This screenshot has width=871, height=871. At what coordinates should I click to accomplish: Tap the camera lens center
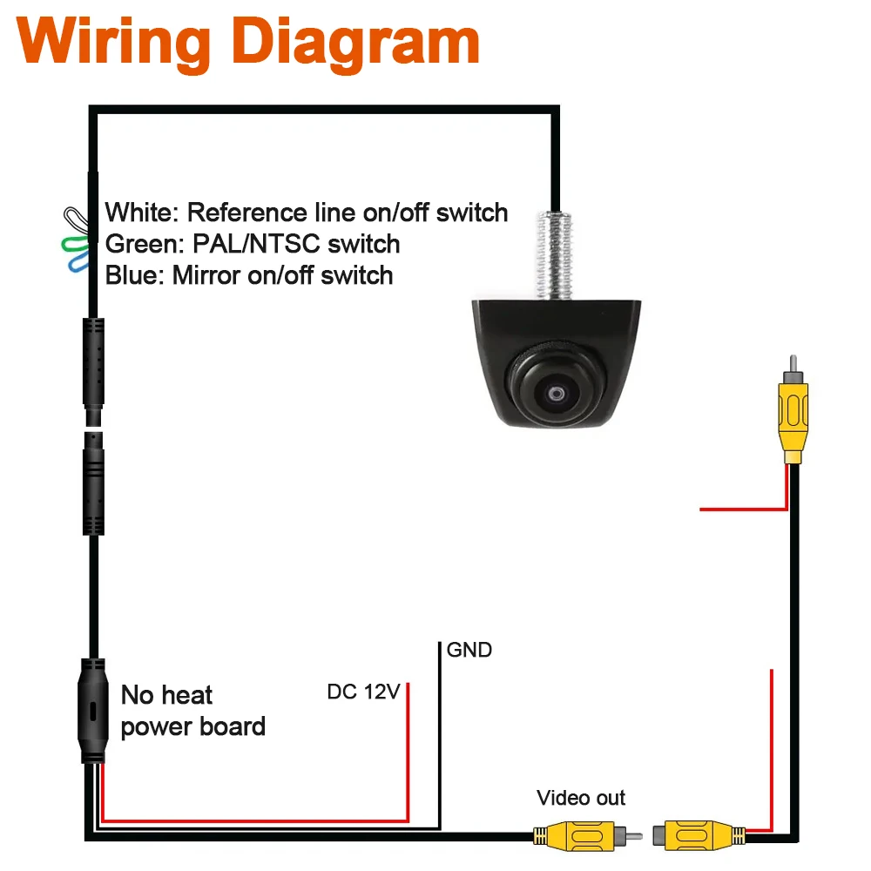point(556,394)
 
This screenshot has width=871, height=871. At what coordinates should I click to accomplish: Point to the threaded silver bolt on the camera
point(554,255)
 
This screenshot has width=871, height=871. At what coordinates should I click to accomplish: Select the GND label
point(469,650)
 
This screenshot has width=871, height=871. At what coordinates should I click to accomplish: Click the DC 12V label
point(364,692)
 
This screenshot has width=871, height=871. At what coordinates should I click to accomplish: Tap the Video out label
point(581,798)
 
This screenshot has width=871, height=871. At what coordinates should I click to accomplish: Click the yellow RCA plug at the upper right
point(793,410)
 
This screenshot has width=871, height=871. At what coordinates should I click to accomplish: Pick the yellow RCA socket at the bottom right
point(699,835)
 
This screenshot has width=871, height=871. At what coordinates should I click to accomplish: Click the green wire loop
point(75,245)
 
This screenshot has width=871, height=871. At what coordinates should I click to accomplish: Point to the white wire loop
point(77,220)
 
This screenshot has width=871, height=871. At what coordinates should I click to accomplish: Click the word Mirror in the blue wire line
point(206,275)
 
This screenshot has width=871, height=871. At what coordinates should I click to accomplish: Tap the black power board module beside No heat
point(93,711)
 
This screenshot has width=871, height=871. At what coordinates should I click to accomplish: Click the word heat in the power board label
point(186,695)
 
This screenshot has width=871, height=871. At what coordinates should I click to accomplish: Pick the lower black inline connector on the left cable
point(93,483)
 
